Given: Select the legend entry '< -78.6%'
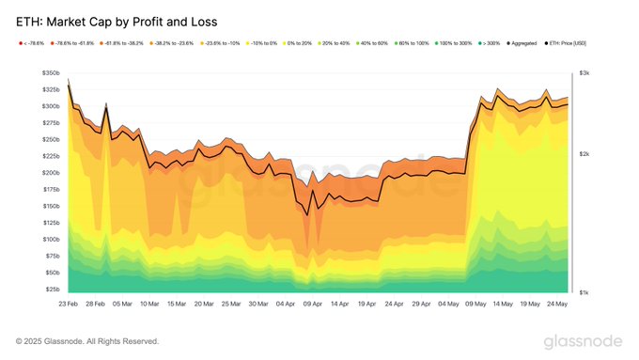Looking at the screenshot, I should click(31, 42).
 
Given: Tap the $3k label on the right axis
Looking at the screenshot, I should click(584, 73).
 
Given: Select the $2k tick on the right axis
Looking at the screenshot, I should click(584, 154).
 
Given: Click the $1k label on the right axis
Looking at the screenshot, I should click(584, 292).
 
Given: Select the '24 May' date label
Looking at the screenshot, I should click(558, 305).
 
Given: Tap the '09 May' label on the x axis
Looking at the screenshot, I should click(478, 305).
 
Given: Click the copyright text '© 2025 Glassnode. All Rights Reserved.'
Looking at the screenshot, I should click(87, 340).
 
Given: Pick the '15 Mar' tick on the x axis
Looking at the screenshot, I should click(176, 305).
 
